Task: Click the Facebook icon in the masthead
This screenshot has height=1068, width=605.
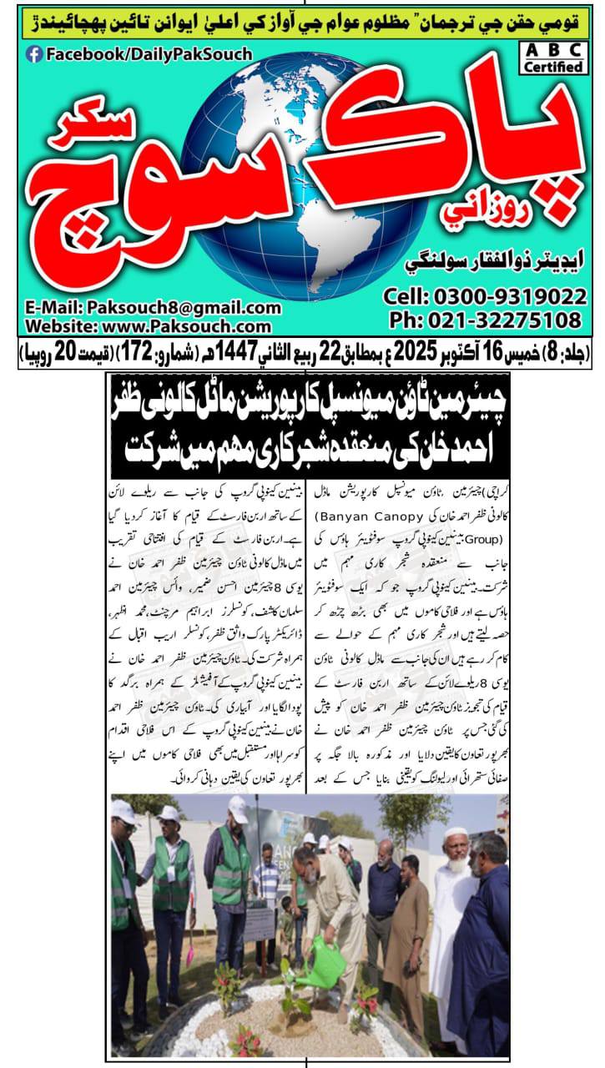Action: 34,54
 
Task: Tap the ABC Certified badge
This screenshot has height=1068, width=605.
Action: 553,58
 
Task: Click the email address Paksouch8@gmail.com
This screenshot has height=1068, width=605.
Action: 149,308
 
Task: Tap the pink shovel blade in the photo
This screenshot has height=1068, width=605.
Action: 190,952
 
